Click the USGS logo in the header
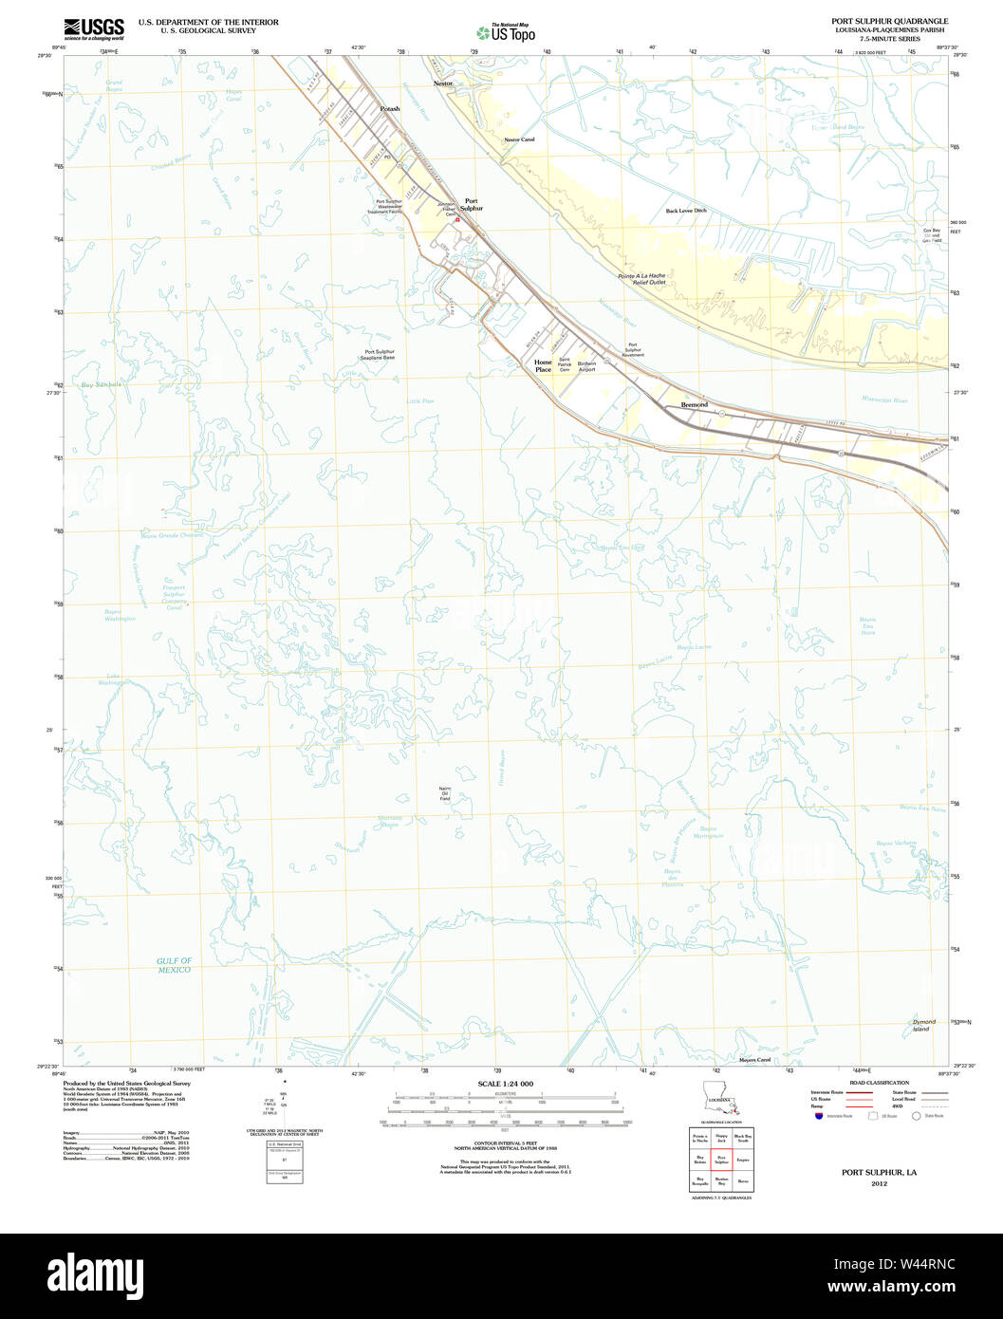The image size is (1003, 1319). pos(93,28)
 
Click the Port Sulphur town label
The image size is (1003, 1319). pos(473,204)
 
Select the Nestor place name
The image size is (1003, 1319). pos(443,84)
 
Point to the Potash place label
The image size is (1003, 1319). pos(390,109)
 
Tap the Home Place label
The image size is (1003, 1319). pos(543,365)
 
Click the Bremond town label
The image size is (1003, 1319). pos(694,405)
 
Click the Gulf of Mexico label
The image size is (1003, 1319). pos(175,965)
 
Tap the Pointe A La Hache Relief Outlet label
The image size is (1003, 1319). pos(641,279)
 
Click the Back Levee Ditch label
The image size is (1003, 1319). pos(685,211)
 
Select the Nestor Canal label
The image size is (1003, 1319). pos(519,139)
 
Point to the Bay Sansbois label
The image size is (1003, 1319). pos(101,384)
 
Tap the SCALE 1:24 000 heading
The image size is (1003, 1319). pos(505,1084)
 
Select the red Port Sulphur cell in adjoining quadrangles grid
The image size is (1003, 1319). pos(720,1158)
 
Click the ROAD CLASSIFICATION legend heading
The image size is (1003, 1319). pos(879,1083)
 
